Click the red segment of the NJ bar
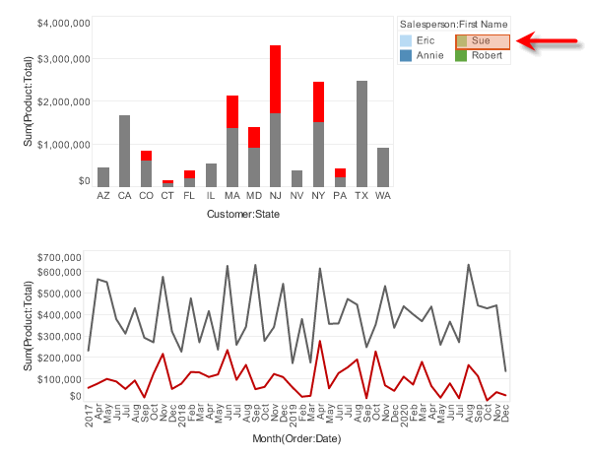(276, 79)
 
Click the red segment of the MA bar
(232, 111)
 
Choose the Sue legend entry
(483, 40)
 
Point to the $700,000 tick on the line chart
(55, 257)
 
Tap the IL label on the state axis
(211, 196)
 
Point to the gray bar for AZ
(103, 176)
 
